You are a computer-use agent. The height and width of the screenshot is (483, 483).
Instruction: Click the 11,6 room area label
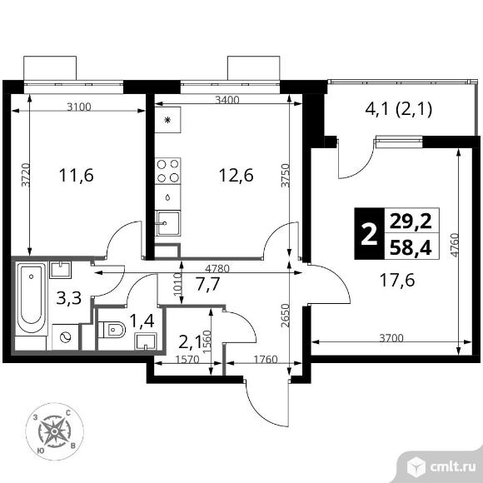tap(76, 176)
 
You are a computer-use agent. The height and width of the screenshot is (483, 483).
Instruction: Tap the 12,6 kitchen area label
tap(236, 176)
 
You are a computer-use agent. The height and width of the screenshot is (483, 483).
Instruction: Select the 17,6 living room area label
tap(397, 281)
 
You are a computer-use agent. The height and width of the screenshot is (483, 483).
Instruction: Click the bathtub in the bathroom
tap(31, 298)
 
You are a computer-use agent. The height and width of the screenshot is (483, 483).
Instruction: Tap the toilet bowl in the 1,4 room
tap(112, 330)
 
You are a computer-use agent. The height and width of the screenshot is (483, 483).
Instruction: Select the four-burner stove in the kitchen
tap(168, 171)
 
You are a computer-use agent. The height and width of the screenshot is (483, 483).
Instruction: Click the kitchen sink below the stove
tap(168, 223)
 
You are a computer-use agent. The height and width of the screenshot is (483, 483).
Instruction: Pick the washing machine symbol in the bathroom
tap(65, 337)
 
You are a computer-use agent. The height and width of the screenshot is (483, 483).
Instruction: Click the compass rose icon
tap(54, 431)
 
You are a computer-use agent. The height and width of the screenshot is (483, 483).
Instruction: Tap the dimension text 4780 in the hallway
tap(217, 269)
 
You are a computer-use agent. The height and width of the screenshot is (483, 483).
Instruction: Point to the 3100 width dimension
tap(79, 107)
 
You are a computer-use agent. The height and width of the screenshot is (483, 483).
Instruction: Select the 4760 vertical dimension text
tap(454, 245)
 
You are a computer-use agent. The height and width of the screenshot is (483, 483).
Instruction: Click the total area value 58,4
tap(411, 248)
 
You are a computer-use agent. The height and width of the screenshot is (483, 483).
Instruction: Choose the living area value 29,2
tap(411, 222)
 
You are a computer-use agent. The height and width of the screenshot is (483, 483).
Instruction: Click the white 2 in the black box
tap(369, 234)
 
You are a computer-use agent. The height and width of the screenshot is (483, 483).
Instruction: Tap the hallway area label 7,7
tap(208, 284)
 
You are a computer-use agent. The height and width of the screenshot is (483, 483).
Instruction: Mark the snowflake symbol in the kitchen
tap(167, 120)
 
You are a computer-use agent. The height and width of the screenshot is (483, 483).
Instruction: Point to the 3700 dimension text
tap(391, 338)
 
